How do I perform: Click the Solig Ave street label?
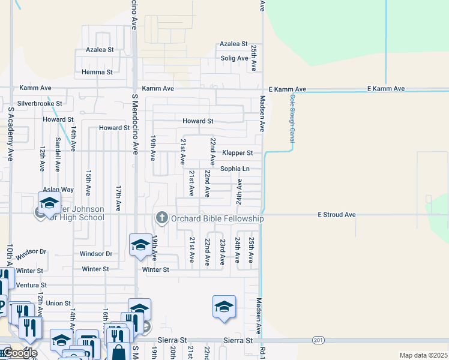(x=234, y=58)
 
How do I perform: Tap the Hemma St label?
(x=101, y=72)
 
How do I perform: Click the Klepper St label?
(x=237, y=153)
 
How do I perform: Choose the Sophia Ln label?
(x=234, y=169)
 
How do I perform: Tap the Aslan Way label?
(x=58, y=190)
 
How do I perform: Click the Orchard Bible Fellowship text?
(x=217, y=218)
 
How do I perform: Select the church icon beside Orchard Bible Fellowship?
(x=161, y=217)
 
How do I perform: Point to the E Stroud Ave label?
(x=337, y=214)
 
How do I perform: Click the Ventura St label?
(x=32, y=285)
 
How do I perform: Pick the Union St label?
(x=58, y=304)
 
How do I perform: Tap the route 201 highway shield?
(x=318, y=340)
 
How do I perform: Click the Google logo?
(x=20, y=353)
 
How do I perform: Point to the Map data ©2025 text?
(x=423, y=355)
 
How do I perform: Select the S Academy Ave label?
(x=10, y=134)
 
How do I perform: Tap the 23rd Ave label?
(x=222, y=251)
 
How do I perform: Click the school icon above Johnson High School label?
(x=49, y=202)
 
